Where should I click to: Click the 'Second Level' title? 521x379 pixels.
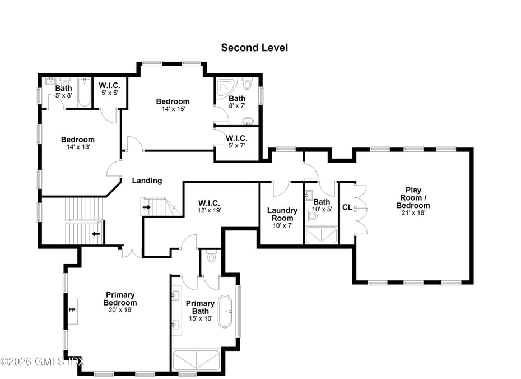254,48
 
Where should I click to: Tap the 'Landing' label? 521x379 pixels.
147,181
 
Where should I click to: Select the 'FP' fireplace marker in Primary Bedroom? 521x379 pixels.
72,309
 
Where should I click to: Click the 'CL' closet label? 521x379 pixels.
347,207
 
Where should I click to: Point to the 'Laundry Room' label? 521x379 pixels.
282,214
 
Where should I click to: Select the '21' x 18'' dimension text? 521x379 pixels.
413,214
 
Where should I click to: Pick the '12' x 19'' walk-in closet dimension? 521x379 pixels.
210,211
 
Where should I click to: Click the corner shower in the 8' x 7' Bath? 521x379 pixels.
226,86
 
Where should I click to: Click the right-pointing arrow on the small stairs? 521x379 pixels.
147,207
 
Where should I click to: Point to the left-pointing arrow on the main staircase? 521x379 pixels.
96,235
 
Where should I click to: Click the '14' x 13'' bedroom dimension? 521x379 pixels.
77,147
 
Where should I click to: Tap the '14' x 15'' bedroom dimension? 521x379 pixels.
173,109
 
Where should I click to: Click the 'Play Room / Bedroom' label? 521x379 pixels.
413,198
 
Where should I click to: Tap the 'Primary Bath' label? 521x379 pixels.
200,307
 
